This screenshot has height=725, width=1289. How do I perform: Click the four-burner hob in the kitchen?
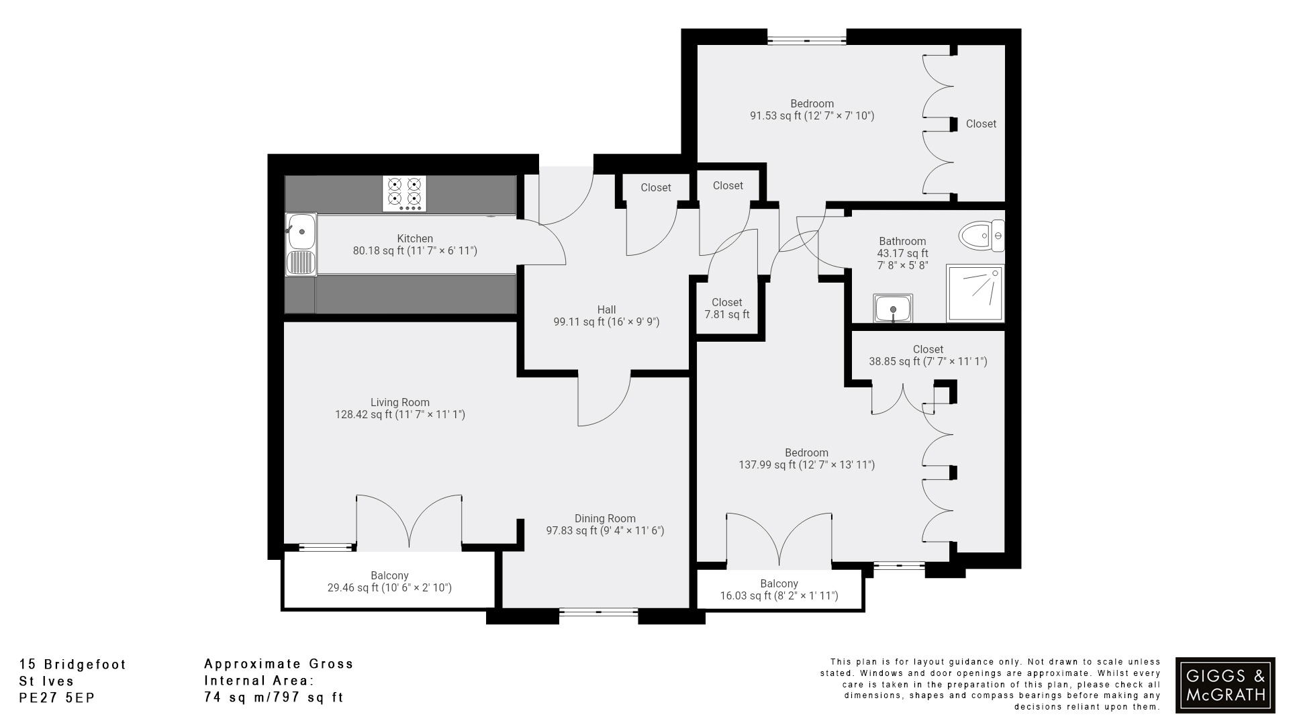[x=405, y=193]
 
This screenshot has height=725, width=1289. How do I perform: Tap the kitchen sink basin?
[x=301, y=232]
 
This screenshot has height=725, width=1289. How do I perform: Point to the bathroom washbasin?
[x=893, y=309]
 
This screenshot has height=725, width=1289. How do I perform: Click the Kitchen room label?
[x=415, y=238]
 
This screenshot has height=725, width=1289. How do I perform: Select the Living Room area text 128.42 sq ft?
[x=400, y=415]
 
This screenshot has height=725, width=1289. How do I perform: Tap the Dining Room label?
[x=605, y=518]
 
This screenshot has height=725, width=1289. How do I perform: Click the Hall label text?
[x=606, y=309]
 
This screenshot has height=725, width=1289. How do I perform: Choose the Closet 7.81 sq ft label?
[x=727, y=309]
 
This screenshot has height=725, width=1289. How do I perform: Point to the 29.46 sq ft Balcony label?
[x=389, y=582]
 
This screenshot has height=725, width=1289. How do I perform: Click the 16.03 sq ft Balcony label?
[x=779, y=590]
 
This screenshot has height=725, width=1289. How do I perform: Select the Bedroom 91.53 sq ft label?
[x=812, y=110]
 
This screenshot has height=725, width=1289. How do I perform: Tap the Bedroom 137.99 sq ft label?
[x=806, y=458]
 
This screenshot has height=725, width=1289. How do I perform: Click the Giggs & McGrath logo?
[x=1225, y=685]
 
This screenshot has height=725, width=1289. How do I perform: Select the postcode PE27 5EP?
[x=58, y=698]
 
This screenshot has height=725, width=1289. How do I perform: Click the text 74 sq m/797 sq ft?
[x=274, y=697]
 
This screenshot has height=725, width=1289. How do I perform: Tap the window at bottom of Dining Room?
[x=598, y=612]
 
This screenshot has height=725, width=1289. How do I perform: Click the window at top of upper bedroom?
[x=806, y=41]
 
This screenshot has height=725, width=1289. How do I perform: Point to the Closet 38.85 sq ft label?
[x=928, y=355]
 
